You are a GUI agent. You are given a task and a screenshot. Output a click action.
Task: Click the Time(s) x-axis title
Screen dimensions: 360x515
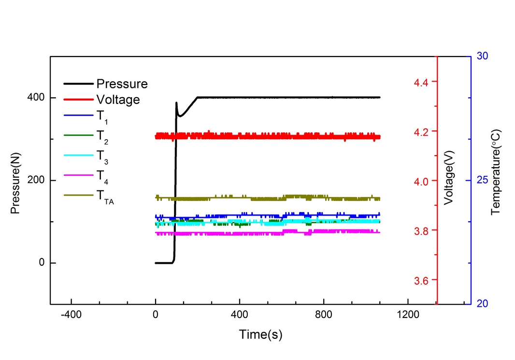coord(260,334)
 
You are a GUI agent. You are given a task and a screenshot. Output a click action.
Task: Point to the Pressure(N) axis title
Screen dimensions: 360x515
coord(16,180)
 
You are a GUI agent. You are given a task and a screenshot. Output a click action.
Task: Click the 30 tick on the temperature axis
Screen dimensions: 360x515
coord(482,56)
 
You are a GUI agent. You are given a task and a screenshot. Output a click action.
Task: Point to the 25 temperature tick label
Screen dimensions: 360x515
coord(482,180)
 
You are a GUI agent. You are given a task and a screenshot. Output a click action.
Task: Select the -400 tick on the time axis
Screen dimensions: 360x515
coord(72,315)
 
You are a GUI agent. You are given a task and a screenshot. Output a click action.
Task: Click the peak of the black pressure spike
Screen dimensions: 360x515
coord(176,102)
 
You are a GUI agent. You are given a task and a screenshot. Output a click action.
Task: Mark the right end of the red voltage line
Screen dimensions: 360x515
coord(380,137)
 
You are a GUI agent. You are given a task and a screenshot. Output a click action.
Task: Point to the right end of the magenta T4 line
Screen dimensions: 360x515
coord(380,232)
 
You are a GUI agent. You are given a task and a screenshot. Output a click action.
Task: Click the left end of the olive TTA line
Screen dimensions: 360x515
coord(155,197)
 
